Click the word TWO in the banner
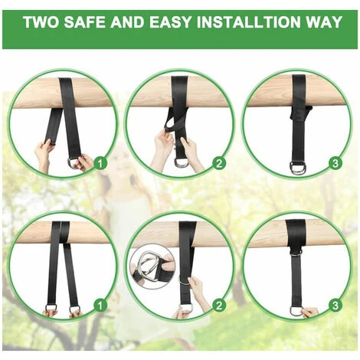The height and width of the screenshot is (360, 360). pos(41,22)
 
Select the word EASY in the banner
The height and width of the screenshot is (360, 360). pos(170,22)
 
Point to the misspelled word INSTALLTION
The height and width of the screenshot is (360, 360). pos(249,22)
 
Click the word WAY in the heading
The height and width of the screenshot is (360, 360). pos(324,22)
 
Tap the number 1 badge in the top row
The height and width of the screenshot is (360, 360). pos(100,163)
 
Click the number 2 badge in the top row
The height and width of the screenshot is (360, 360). pos(219,163)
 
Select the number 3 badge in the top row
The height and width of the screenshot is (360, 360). pos(335,163)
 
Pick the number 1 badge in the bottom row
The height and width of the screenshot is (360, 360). pos(100,306)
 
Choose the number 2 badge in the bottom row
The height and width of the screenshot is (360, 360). pos(219,306)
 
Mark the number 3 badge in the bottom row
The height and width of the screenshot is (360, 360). pos(335,306)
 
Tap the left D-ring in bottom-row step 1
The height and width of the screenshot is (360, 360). pos(51,308)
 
